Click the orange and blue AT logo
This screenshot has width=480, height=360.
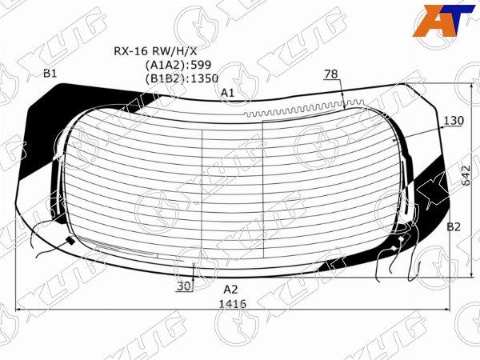point(443,21)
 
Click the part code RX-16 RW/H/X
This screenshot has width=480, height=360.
point(155,51)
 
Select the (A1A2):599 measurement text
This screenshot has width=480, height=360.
point(178,65)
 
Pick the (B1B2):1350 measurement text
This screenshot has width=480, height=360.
point(182,78)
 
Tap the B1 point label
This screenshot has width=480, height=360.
point(50,74)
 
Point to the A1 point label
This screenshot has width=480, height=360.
point(228,93)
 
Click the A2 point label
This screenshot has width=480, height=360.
point(230,290)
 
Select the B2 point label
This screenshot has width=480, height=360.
point(454,227)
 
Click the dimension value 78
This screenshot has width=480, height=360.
point(331,74)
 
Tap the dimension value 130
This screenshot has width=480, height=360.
point(454,121)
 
